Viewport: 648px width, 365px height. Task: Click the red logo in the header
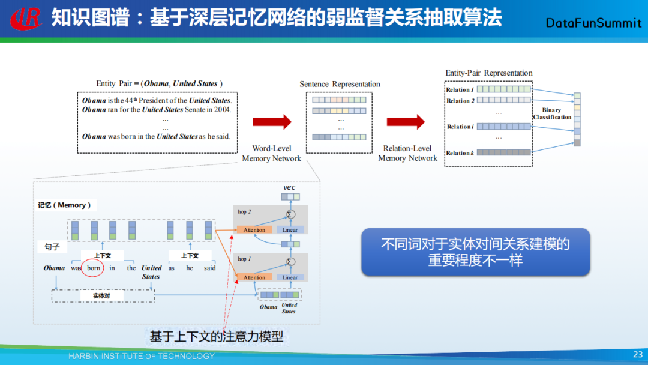tap(26, 18)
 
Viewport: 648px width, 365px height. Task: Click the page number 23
tap(638, 355)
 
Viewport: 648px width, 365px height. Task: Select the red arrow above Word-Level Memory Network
tap(271, 122)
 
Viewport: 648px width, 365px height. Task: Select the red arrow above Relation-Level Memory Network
tap(406, 122)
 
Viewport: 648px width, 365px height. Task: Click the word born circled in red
tap(94, 268)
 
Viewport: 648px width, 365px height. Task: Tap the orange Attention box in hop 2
tap(254, 230)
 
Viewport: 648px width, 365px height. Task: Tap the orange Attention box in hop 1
tap(254, 277)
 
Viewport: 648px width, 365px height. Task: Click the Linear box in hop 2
tap(290, 230)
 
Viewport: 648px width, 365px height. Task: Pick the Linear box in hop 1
tap(290, 277)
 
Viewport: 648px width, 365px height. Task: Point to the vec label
tap(290, 187)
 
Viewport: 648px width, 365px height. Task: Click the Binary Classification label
tap(552, 113)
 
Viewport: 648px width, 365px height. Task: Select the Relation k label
tap(460, 153)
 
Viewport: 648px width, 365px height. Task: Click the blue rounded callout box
tap(475, 252)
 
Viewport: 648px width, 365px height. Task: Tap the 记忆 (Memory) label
tap(64, 205)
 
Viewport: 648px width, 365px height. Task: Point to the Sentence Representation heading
tap(340, 84)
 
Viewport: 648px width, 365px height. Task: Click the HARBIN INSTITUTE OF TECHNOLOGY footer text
tap(141, 356)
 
